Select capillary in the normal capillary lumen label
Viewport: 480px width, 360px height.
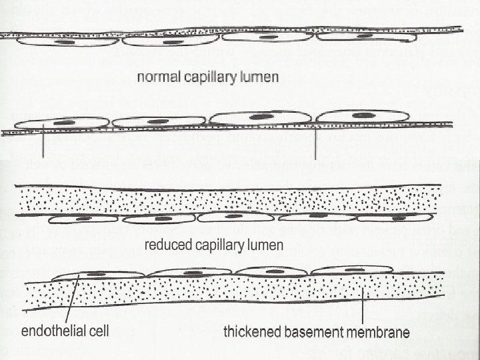(207, 77)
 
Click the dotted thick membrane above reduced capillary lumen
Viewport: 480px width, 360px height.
(227, 197)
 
